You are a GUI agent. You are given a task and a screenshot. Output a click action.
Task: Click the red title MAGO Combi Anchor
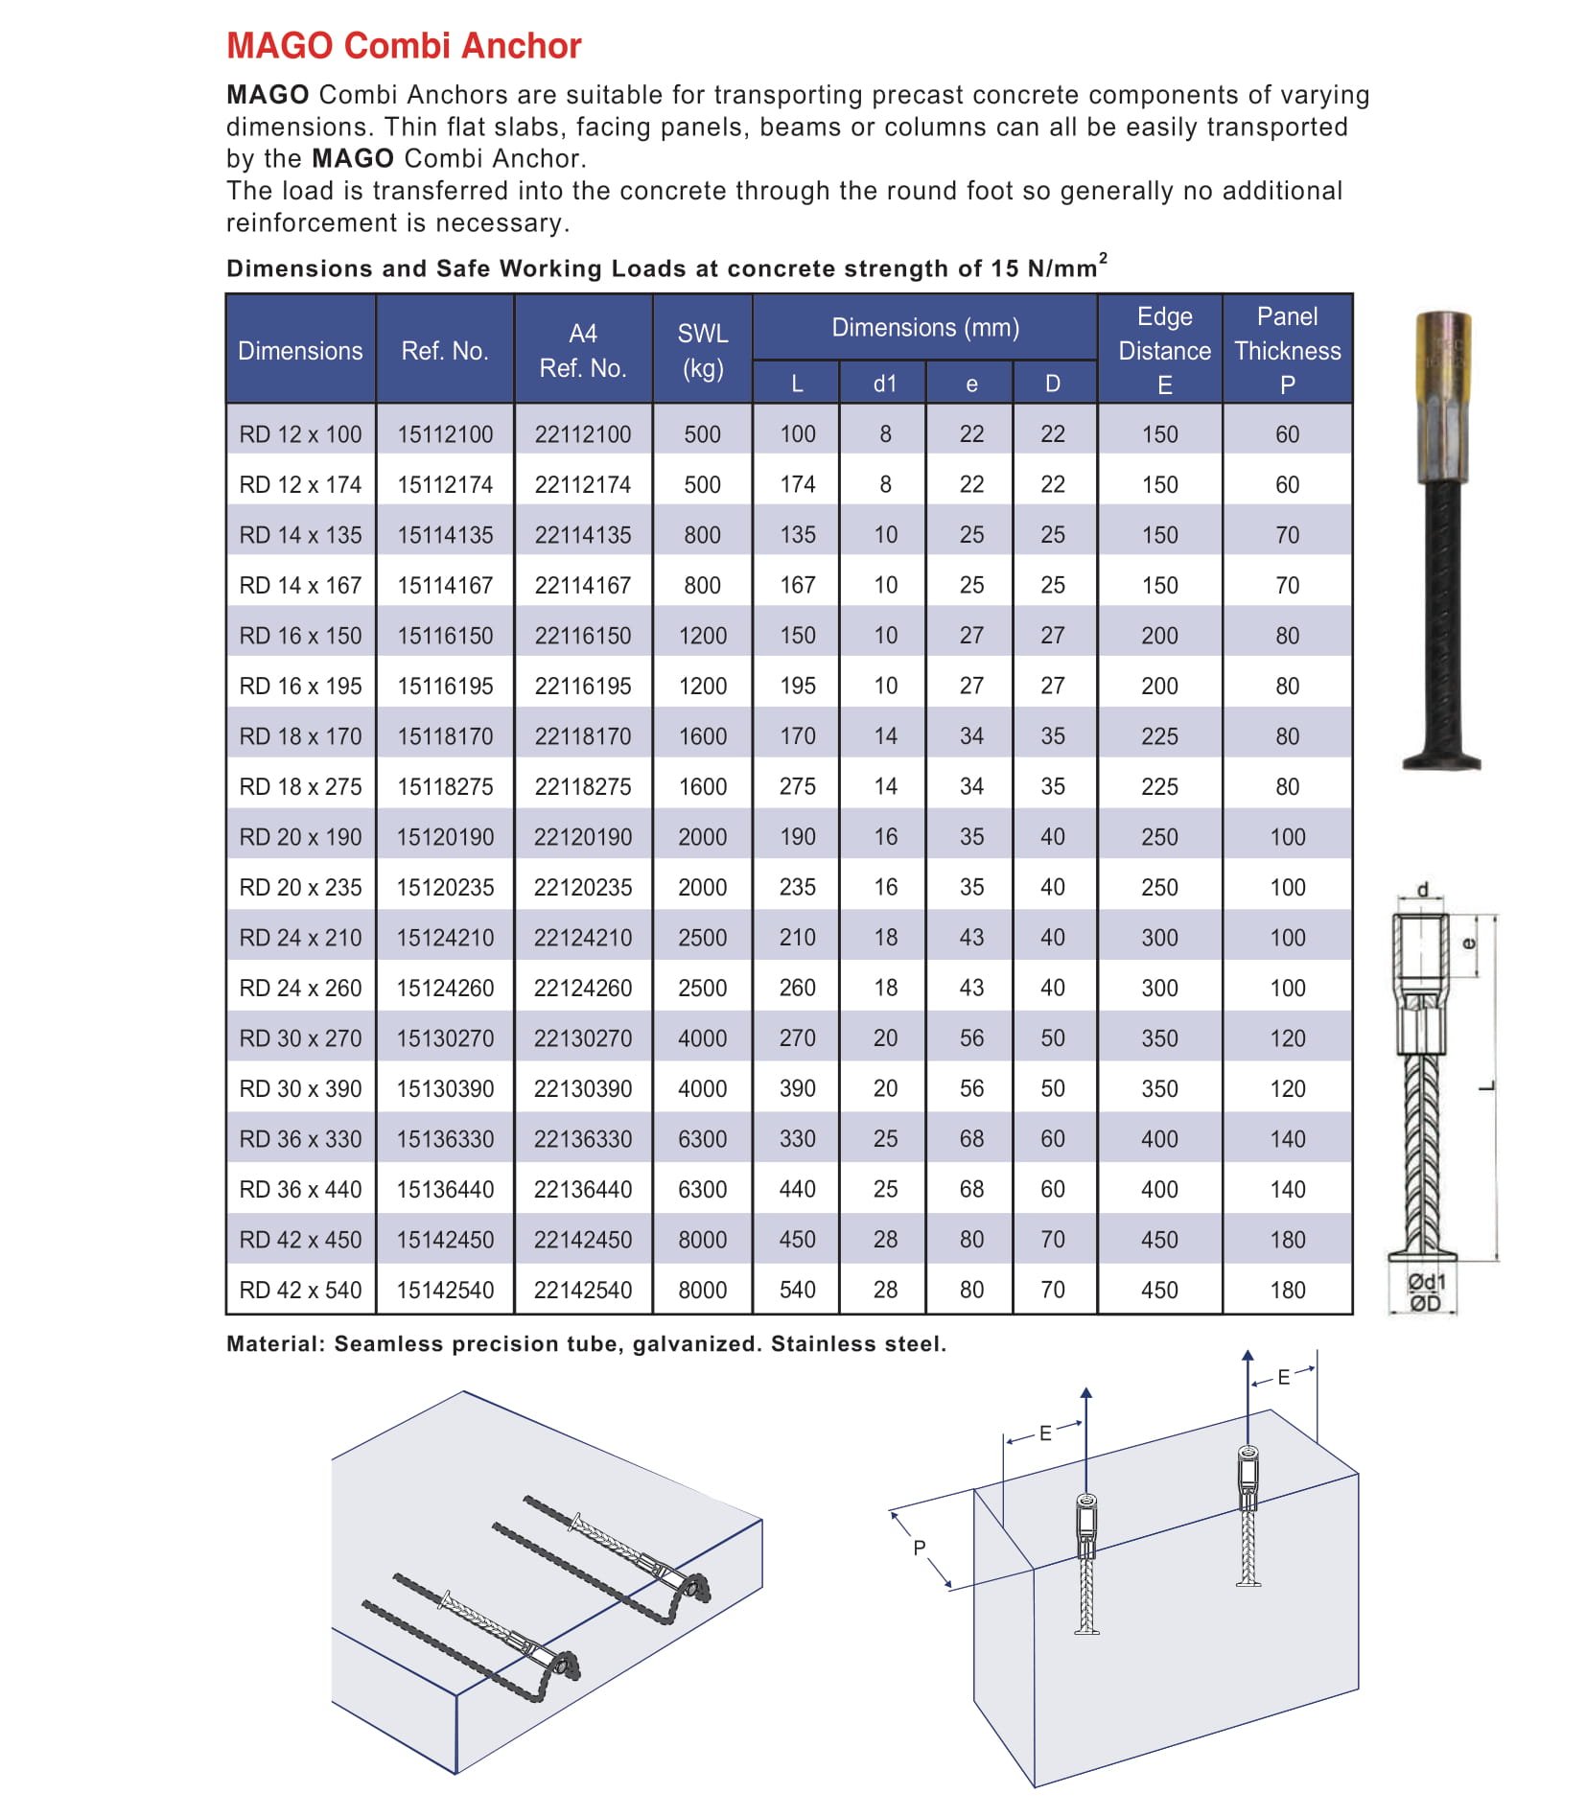click(404, 46)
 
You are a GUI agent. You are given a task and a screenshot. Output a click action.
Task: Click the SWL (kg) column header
click(702, 350)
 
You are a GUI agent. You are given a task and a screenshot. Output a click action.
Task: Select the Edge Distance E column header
click(1163, 350)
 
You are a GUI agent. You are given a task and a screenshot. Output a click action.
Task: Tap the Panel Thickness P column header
click(1287, 350)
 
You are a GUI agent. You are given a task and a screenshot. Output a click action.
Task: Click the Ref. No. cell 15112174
click(445, 485)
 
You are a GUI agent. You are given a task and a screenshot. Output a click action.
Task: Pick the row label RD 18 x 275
click(300, 787)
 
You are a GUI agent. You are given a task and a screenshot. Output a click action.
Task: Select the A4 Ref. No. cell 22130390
click(582, 1089)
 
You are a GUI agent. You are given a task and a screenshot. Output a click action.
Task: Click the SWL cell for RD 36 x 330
click(702, 1139)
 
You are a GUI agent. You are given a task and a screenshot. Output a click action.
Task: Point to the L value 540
click(797, 1291)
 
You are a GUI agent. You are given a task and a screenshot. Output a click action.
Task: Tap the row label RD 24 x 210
click(300, 938)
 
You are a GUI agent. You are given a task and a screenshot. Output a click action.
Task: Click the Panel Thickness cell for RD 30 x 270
click(1287, 1038)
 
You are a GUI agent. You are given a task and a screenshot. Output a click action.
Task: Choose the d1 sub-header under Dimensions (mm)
click(884, 384)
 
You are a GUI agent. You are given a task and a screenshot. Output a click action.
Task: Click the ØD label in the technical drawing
click(1424, 1304)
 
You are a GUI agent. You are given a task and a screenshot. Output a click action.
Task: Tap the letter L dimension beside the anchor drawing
click(1486, 1086)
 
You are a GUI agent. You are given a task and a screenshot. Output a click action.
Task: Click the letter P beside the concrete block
click(919, 1548)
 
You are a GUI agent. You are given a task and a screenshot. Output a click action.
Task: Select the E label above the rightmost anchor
click(1283, 1378)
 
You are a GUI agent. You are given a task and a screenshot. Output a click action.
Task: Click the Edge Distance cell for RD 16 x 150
click(1159, 636)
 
